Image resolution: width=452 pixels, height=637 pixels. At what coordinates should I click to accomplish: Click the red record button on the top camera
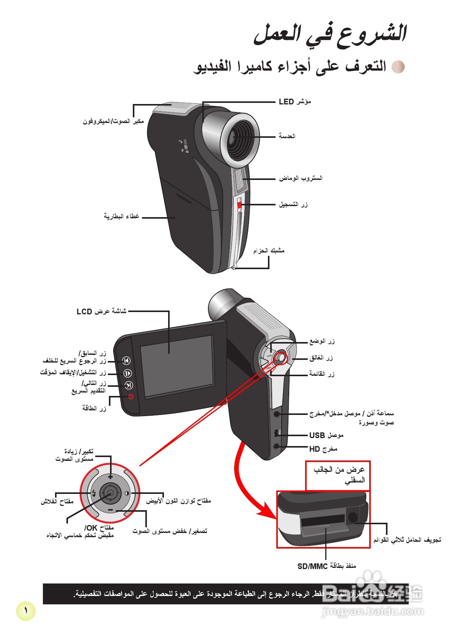point(239,205)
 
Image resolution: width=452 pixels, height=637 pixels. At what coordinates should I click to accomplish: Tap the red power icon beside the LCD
point(131,397)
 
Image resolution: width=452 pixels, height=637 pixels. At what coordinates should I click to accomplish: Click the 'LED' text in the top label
point(286,102)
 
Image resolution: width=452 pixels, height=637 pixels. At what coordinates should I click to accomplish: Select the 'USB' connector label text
point(317,435)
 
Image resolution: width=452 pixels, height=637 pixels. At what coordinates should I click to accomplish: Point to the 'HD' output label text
point(314,449)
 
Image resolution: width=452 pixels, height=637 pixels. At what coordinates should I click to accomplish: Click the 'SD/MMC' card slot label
point(312,566)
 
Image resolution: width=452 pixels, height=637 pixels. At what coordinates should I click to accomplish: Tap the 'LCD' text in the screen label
point(84,312)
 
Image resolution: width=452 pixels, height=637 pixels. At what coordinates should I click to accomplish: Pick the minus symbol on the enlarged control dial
point(110,510)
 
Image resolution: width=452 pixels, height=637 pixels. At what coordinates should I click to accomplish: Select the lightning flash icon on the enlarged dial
point(94,493)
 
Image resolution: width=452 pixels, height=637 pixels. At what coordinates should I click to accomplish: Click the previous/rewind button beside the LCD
point(127,360)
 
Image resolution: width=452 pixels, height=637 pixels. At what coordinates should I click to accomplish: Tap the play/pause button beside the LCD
point(128,373)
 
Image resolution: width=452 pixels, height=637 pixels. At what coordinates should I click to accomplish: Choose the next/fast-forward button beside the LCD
point(129,386)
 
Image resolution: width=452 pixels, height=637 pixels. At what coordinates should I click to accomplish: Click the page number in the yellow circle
point(26,611)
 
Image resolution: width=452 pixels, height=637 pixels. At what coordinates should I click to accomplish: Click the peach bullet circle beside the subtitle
point(398,67)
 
